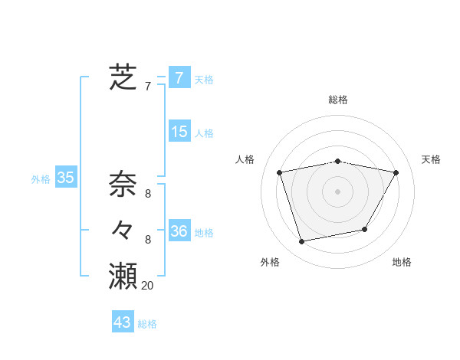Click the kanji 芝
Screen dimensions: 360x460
pyautogui.click(x=123, y=77)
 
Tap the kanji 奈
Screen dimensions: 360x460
pyautogui.click(x=123, y=185)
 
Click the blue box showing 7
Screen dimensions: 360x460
pyautogui.click(x=179, y=77)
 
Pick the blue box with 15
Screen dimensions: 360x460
pyautogui.click(x=179, y=132)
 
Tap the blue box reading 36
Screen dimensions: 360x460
pyautogui.click(x=179, y=231)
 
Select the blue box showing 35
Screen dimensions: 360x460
pyautogui.click(x=66, y=178)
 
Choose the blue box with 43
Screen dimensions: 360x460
pyautogui.click(x=123, y=322)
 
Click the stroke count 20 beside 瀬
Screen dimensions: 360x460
pyautogui.click(x=148, y=286)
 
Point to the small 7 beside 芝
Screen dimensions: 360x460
pyautogui.click(x=148, y=87)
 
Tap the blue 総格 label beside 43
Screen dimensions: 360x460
pyautogui.click(x=147, y=324)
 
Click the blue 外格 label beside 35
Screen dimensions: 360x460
pyautogui.click(x=41, y=179)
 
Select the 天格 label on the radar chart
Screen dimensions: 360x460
pyautogui.click(x=432, y=159)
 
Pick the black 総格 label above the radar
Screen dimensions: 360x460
pyautogui.click(x=338, y=100)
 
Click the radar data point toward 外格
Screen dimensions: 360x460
pyautogui.click(x=302, y=241)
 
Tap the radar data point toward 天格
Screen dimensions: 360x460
pyautogui.click(x=396, y=172)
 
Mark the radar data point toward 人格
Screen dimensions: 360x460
pyautogui.click(x=280, y=172)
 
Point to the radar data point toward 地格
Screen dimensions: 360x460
pyautogui.click(x=365, y=229)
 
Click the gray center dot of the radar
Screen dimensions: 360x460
pyautogui.click(x=337, y=191)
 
